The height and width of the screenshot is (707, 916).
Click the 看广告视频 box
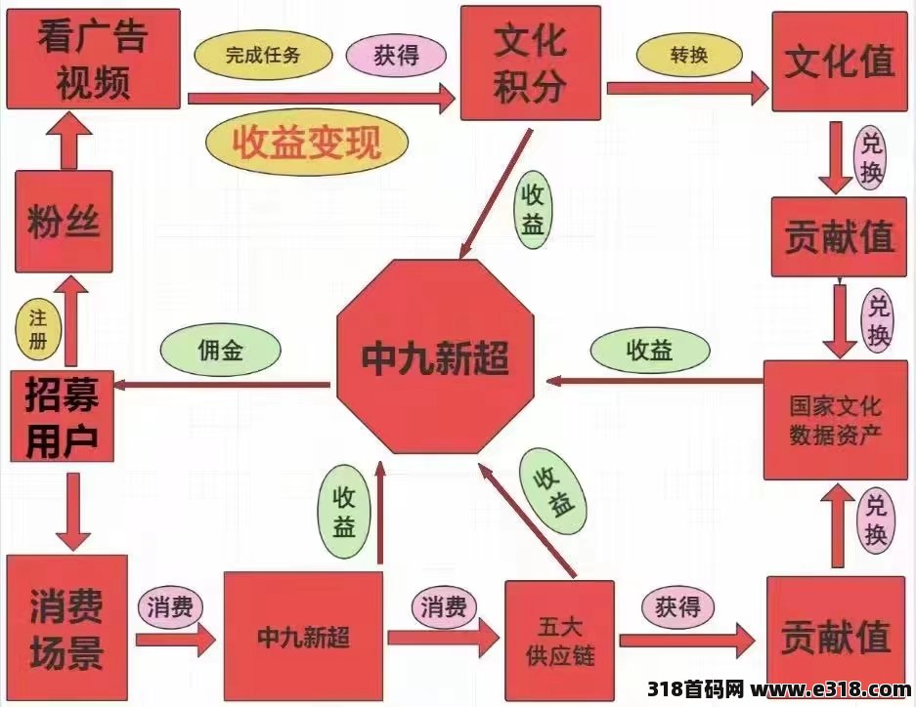[93, 59]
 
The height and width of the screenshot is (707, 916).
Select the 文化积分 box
[531, 63]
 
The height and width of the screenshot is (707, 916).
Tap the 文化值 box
[840, 62]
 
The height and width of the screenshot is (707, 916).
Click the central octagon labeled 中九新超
[435, 356]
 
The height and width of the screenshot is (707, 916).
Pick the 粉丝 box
[64, 222]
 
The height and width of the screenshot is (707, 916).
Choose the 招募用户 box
[62, 416]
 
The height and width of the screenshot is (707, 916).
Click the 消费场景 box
[66, 628]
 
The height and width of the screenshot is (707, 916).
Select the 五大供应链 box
[559, 641]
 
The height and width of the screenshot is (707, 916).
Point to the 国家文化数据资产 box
[836, 420]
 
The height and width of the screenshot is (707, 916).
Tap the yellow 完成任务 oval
[263, 56]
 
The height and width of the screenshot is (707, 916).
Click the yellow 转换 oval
[689, 56]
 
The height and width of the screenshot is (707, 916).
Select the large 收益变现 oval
[307, 142]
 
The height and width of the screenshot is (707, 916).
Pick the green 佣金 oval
[221, 350]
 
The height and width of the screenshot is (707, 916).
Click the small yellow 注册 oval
[38, 329]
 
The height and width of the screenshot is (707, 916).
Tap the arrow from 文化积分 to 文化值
[687, 88]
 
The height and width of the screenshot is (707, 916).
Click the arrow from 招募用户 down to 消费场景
[73, 512]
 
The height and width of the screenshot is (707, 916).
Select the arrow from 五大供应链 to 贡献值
[687, 641]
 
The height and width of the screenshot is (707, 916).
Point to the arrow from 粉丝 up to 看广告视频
[69, 140]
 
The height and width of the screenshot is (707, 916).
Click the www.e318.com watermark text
[832, 688]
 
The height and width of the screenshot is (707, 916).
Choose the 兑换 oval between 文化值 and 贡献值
[870, 156]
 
